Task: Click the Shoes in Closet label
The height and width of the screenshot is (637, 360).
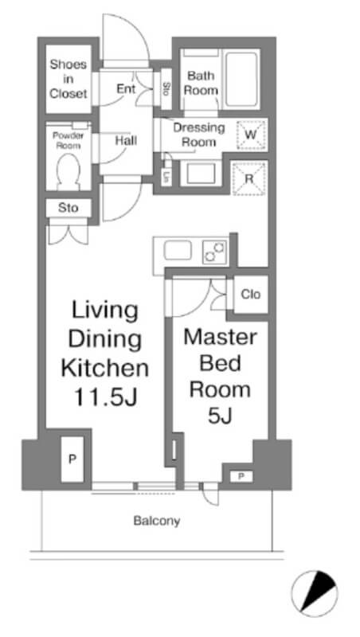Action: point(68,79)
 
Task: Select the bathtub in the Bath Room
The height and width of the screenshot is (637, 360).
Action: point(242,78)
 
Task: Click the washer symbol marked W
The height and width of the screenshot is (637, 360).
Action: point(251,135)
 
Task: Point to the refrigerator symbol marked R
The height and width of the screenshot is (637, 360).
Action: point(250,178)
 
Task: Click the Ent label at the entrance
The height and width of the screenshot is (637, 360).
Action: point(126,88)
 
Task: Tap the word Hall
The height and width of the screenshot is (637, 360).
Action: point(126,141)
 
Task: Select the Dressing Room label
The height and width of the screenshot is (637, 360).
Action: point(199,135)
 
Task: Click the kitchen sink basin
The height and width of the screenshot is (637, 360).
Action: point(178,250)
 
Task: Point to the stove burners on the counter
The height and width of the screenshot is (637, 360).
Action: point(214,252)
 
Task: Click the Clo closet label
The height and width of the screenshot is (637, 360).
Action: point(251,294)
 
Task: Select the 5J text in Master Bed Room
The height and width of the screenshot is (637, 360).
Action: point(220,416)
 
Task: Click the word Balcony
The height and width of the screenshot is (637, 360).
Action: point(157,521)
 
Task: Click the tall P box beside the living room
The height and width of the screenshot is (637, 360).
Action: point(72,459)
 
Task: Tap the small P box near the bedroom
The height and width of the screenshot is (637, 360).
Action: point(241,476)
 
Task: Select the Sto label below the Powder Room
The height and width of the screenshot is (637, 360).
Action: point(68,209)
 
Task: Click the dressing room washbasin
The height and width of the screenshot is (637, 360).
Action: point(200,173)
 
